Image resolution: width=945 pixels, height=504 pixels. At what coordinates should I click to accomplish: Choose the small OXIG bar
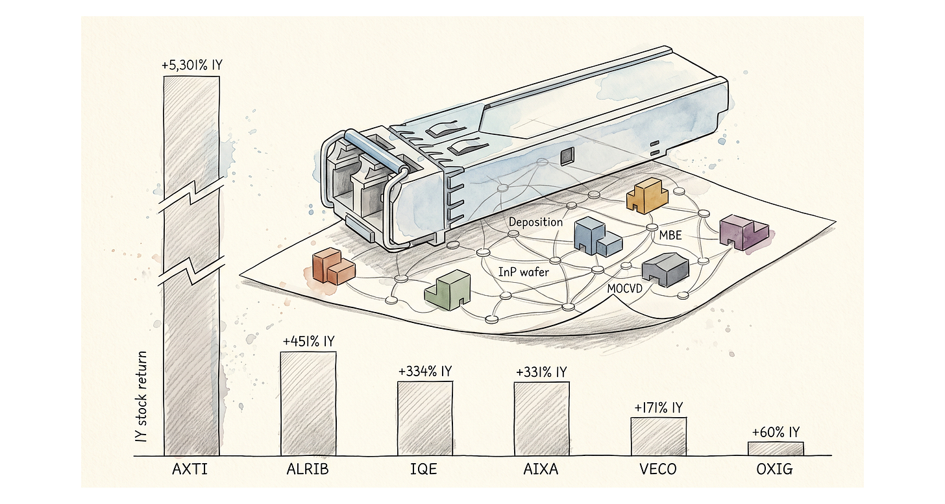(775, 448)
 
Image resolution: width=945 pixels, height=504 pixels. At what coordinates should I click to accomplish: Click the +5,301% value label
(191, 66)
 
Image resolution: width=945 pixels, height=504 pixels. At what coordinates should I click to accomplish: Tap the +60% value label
(775, 432)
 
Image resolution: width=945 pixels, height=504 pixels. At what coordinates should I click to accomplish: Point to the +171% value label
(658, 407)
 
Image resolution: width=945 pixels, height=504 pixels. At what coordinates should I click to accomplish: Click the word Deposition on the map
(535, 222)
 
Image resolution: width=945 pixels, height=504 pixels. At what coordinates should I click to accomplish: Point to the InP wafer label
(523, 272)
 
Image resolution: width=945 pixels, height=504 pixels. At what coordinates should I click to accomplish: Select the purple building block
(744, 233)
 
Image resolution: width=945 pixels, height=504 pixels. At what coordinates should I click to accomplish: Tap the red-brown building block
(333, 266)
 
